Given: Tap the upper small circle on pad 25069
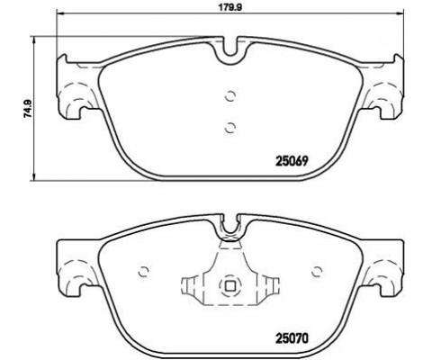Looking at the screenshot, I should tap(229, 97).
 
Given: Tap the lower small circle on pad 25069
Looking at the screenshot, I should tap(229, 126).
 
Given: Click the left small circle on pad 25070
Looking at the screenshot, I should tap(142, 270).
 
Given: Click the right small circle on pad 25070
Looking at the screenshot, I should tap(317, 270).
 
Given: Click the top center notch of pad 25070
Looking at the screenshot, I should tap(229, 226).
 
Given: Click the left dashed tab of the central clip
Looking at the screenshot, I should tap(191, 288).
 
